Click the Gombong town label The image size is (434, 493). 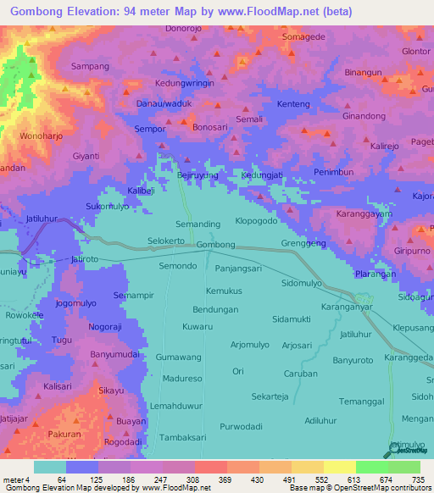click(215, 245)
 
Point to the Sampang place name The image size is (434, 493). click(91, 66)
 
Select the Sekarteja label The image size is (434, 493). click(270, 396)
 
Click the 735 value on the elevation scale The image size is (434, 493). click(418, 480)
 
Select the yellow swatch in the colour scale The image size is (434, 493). click(339, 467)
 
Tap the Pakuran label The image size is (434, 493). click(65, 433)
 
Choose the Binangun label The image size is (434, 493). click(365, 73)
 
